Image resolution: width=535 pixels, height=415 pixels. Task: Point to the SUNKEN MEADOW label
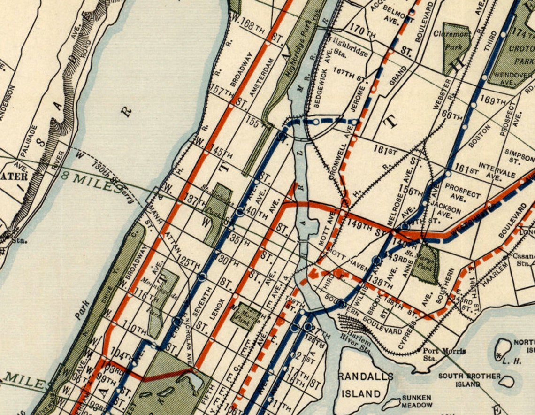click(416, 401)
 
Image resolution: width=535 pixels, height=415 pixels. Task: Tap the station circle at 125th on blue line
click(202, 277)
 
